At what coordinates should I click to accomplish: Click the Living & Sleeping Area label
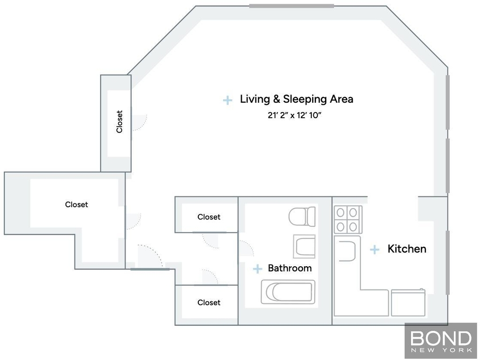click(296, 99)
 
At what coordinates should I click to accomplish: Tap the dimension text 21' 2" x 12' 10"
click(294, 115)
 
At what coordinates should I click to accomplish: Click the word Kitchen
click(407, 249)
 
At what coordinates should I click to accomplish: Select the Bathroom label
click(290, 268)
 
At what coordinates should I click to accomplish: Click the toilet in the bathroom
click(302, 217)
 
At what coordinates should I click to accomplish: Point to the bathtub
click(288, 292)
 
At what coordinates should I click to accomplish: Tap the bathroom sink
click(304, 246)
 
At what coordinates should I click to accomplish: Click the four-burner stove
click(348, 219)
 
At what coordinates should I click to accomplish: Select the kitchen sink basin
click(347, 251)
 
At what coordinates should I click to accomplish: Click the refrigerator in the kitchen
click(408, 302)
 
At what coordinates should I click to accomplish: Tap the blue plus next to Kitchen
click(375, 249)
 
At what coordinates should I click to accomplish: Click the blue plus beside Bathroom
click(257, 269)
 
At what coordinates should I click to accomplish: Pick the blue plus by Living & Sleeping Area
click(227, 100)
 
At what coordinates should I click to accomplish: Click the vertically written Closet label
click(120, 121)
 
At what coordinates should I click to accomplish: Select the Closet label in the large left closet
click(76, 204)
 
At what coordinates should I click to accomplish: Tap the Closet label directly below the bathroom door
click(209, 302)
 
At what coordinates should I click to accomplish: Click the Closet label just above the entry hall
click(209, 217)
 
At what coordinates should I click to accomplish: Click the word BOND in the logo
click(441, 338)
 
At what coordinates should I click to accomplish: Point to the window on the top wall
click(292, 6)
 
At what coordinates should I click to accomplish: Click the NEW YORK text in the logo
click(441, 350)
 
